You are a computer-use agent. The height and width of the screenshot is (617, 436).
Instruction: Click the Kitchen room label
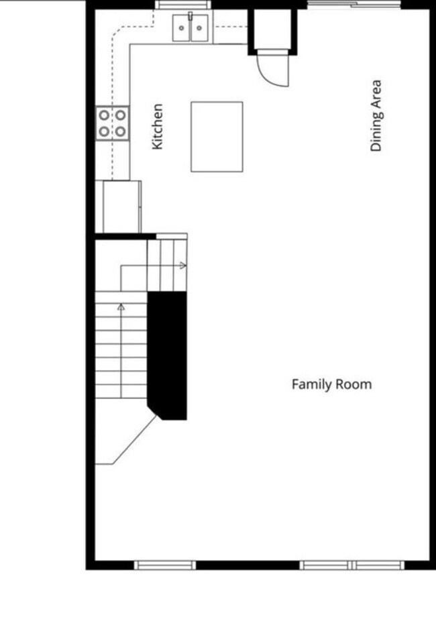coord(158,126)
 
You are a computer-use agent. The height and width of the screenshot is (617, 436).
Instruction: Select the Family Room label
coord(331,384)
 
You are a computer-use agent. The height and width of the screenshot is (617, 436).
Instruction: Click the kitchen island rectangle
coord(217,137)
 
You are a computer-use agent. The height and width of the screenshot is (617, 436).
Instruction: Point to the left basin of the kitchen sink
coord(182,28)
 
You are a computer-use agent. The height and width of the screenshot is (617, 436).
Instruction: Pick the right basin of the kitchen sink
coord(199,28)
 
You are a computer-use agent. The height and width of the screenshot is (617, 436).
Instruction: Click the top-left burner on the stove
coord(104,115)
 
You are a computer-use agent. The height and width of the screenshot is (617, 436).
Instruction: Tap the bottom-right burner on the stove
coord(120,131)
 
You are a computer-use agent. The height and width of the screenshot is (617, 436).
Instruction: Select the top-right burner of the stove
coord(120,115)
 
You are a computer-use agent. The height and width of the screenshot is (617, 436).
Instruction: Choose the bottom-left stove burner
coord(104,131)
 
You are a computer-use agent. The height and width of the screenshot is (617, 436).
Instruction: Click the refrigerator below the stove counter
coord(121,207)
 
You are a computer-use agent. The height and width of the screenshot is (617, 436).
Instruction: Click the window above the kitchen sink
coord(183,5)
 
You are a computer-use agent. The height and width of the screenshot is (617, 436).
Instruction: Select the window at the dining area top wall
coord(355,5)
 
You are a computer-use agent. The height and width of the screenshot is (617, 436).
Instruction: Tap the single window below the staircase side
coord(165,565)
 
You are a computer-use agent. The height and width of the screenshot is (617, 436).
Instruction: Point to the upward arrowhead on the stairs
coord(121,307)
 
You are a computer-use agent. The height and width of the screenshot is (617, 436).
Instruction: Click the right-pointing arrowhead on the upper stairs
coord(183,266)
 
